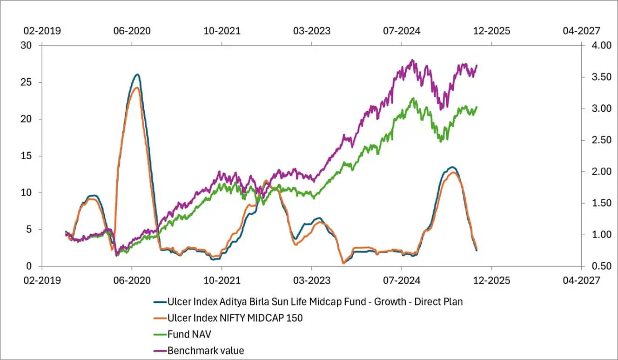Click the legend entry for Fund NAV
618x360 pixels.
(x=185, y=334)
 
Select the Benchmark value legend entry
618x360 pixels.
(x=205, y=350)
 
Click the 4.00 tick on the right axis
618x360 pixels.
(x=597, y=46)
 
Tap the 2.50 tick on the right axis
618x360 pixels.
(x=597, y=140)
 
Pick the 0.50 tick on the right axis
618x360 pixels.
(x=597, y=266)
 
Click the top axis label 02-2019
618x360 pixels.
(x=42, y=31)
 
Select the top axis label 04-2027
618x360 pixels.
(x=581, y=31)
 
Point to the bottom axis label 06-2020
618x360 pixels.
(x=132, y=280)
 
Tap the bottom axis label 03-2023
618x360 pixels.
(x=312, y=280)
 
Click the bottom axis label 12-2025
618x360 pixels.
(x=491, y=280)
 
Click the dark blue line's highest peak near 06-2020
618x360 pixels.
(x=137, y=75)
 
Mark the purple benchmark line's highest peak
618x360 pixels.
(x=412, y=60)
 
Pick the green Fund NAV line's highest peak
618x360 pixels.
(x=413, y=98)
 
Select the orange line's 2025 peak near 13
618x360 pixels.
(x=452, y=173)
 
